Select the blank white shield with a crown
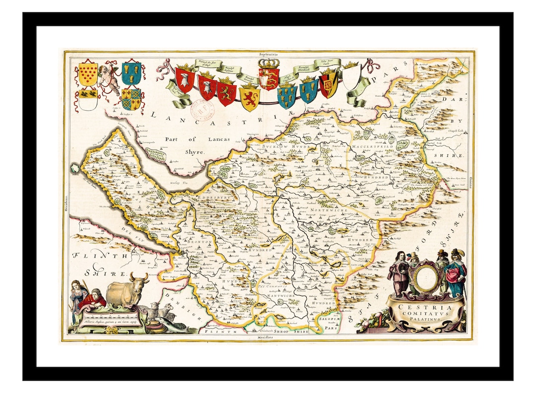351,78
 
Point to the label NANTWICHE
281,296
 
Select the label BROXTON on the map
200,242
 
